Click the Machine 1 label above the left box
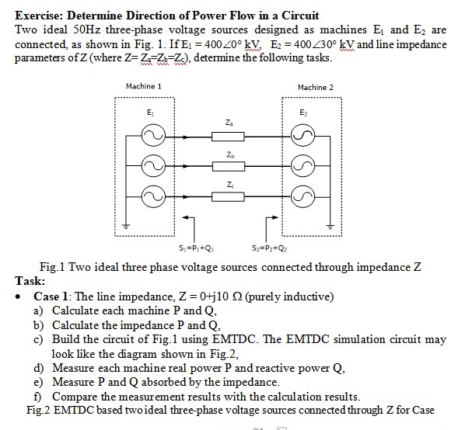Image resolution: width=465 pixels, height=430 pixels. (x=143, y=85)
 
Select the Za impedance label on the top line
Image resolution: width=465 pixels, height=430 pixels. (x=227, y=123)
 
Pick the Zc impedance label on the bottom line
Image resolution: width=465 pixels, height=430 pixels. (x=227, y=184)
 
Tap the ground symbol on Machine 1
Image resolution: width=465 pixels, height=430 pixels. (x=125, y=227)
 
